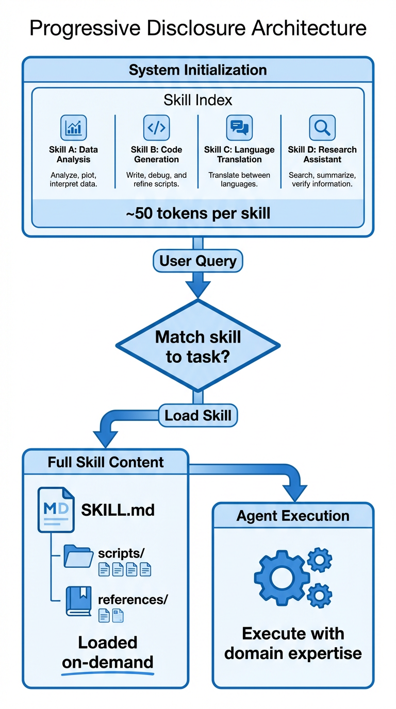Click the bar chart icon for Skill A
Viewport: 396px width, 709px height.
pos(74,128)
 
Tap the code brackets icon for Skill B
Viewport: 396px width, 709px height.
pos(156,128)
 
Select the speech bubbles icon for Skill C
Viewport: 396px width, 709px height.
pos(239,128)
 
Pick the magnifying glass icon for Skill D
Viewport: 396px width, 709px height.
pos(322,128)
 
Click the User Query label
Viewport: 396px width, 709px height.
pos(198,261)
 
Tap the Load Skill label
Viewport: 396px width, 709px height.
pos(198,415)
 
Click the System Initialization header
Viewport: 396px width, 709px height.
pos(198,70)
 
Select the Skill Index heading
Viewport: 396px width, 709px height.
pos(198,100)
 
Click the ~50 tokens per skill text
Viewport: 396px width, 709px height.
pos(198,213)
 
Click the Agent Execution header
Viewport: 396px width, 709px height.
pos(293,516)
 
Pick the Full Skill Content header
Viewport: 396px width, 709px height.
pos(106,462)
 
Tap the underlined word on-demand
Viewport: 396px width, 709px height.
pos(108,663)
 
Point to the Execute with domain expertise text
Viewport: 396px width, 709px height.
pos(293,643)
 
